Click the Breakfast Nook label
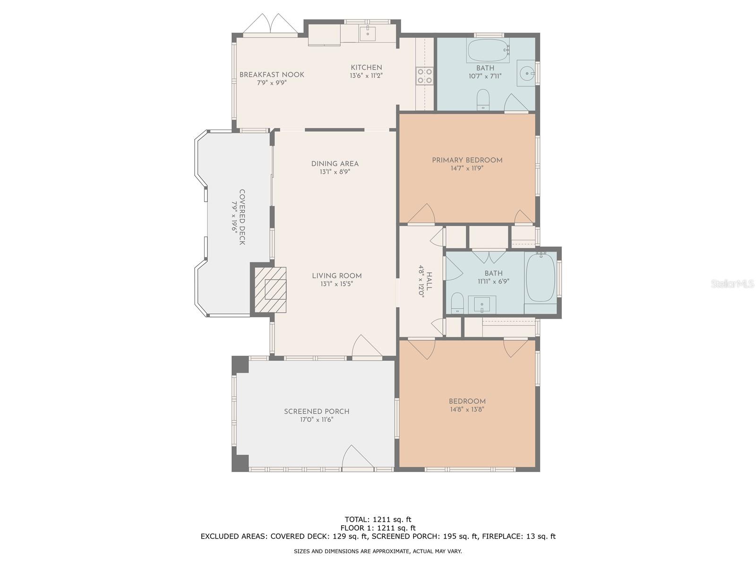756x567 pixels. coord(272,75)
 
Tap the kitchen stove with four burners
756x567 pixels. coord(424,76)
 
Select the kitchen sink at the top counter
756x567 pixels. coord(367,34)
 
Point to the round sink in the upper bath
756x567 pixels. coord(527,73)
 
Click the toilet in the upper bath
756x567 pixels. coord(483,99)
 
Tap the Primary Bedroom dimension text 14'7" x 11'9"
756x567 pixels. coord(467,168)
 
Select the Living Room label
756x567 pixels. coord(336,276)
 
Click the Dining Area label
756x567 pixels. coord(335,164)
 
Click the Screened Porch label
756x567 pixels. coord(317,412)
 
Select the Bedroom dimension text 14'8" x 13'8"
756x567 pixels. coord(467,410)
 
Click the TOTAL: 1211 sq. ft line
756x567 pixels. coord(378,520)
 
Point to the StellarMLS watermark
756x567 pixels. coord(732,283)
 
